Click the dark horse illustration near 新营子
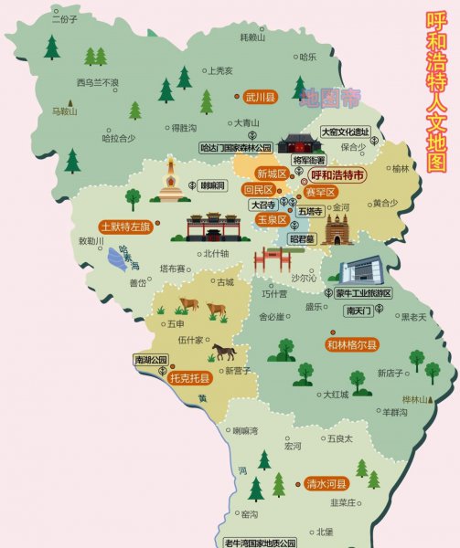click(x=223, y=351)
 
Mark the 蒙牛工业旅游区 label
click(x=363, y=293)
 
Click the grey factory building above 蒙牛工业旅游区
click(x=363, y=269)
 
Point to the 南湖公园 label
click(x=151, y=359)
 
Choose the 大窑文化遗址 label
click(x=344, y=132)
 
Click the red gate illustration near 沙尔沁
click(x=272, y=259)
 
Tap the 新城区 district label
click(x=272, y=173)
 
